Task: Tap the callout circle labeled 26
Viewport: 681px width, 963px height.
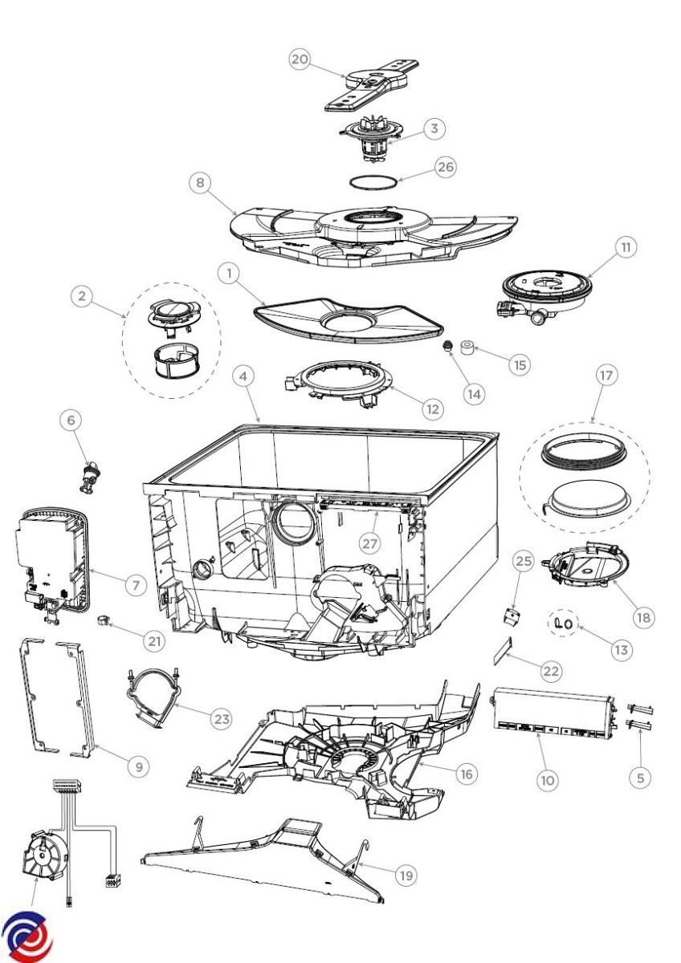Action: (x=444, y=167)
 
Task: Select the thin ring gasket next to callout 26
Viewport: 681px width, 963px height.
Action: (x=373, y=181)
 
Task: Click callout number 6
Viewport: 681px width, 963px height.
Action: (x=71, y=418)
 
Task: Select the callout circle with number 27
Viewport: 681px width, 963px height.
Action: (x=369, y=543)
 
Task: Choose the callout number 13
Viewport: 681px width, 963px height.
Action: (x=620, y=651)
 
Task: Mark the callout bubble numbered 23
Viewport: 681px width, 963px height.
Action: (x=221, y=718)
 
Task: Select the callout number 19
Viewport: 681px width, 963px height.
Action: (x=406, y=875)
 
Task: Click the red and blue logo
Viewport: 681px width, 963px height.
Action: (x=27, y=937)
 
